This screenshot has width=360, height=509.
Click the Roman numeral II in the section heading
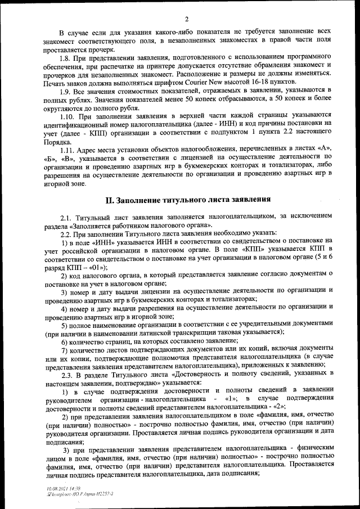coord(111,200)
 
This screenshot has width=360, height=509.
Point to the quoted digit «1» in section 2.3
coord(229,398)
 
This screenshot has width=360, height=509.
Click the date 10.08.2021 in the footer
coord(57,489)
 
